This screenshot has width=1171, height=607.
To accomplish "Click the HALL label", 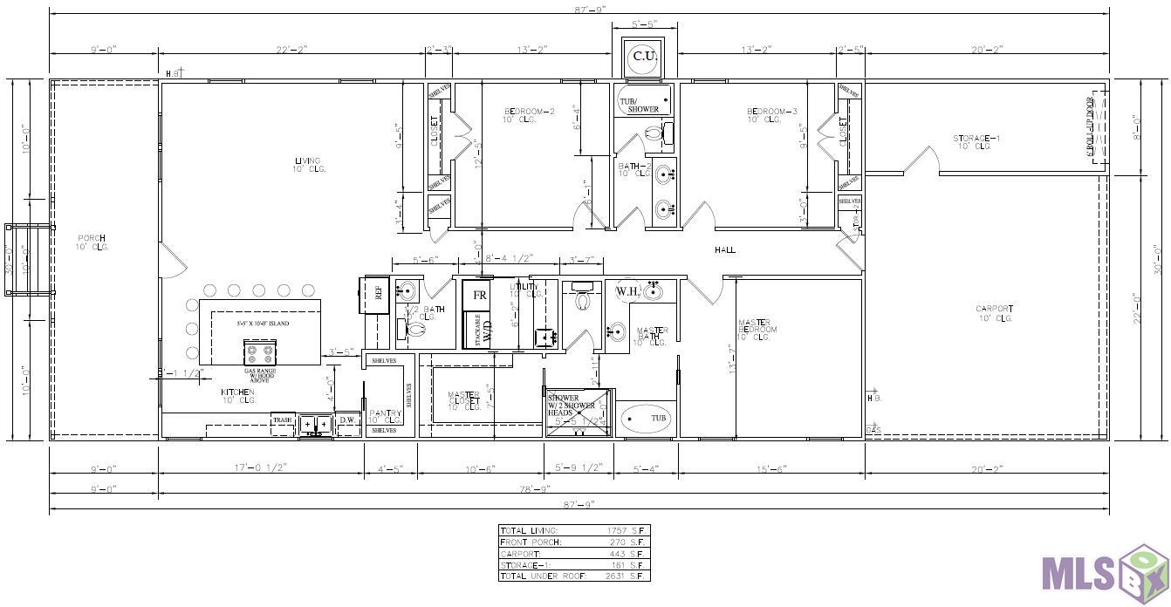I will (x=725, y=250).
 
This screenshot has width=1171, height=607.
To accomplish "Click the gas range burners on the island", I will (x=260, y=352).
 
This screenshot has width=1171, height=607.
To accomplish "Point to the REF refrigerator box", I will (x=378, y=294).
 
